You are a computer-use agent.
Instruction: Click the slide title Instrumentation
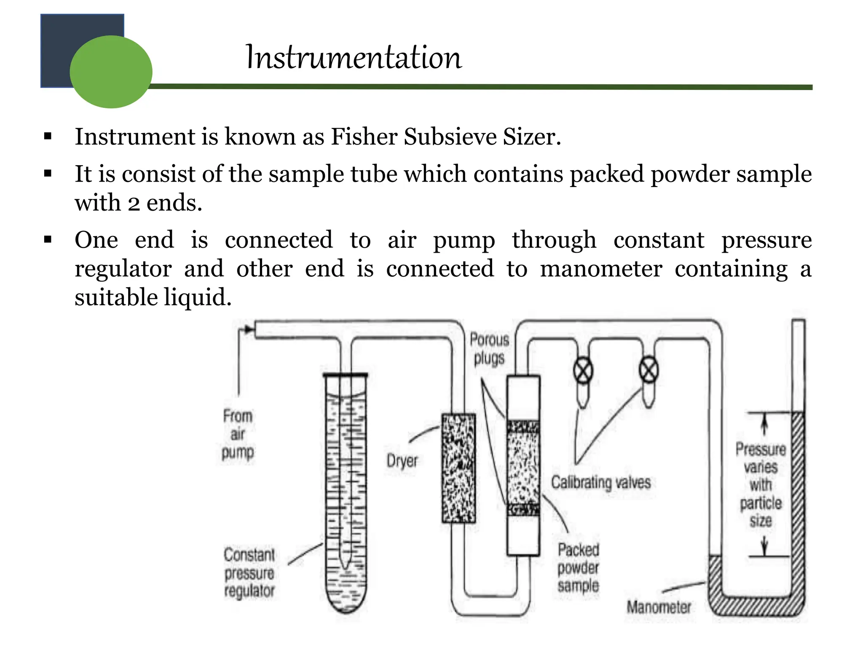pyautogui.click(x=354, y=57)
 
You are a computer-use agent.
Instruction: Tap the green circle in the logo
pyautogui.click(x=111, y=72)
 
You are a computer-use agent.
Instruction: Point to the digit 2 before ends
pyautogui.click(x=134, y=204)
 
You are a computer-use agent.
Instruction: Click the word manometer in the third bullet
pyautogui.click(x=601, y=269)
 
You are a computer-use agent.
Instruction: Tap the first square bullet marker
pyautogui.click(x=48, y=136)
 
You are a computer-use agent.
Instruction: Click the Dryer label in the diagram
pyautogui.click(x=402, y=460)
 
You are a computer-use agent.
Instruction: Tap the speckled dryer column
pyautogui.click(x=458, y=468)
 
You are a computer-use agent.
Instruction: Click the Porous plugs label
pyautogui.click(x=489, y=349)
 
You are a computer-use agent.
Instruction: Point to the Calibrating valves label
pyautogui.click(x=601, y=482)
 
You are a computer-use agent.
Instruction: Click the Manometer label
pyautogui.click(x=659, y=607)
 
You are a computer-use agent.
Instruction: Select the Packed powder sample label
pyautogui.click(x=578, y=567)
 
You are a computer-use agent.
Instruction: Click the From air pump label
pyautogui.click(x=238, y=434)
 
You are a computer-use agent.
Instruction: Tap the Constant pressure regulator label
pyautogui.click(x=249, y=572)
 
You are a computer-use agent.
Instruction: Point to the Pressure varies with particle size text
pyautogui.click(x=761, y=484)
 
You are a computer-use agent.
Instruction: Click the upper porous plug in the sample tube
pyautogui.click(x=523, y=427)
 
